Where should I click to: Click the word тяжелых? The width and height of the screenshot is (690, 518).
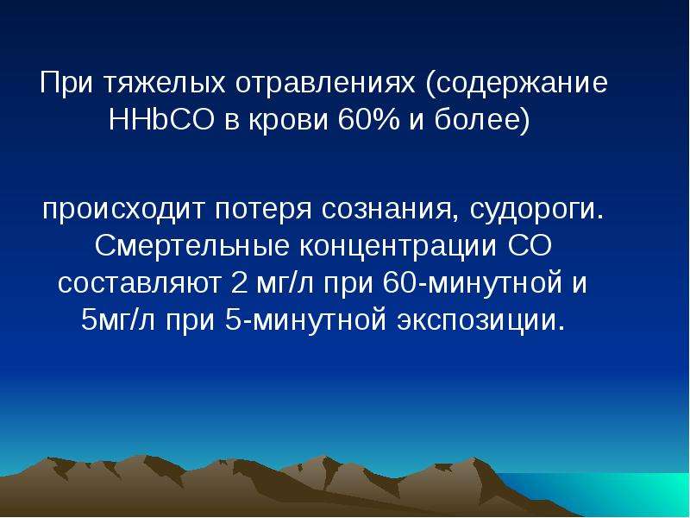pyautogui.click(x=165, y=82)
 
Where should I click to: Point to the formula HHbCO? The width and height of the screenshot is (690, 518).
pyautogui.click(x=161, y=119)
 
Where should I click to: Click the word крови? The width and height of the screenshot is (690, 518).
pyautogui.click(x=288, y=120)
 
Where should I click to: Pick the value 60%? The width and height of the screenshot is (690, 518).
pyautogui.click(x=369, y=119)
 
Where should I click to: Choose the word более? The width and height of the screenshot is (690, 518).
pyautogui.click(x=478, y=120)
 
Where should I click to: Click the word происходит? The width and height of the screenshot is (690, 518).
pyautogui.click(x=123, y=210)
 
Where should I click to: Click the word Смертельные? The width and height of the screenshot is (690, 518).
pyautogui.click(x=191, y=247)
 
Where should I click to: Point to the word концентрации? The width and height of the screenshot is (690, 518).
pyautogui.click(x=398, y=248)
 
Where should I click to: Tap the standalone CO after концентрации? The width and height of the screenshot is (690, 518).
pyautogui.click(x=529, y=246)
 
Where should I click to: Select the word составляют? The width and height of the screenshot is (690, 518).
pyautogui.click(x=139, y=284)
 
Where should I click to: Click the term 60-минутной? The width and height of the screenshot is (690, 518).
pyautogui.click(x=473, y=282)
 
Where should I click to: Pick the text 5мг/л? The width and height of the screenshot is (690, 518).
pyautogui.click(x=118, y=320)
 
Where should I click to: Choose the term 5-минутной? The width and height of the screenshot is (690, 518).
pyautogui.click(x=306, y=320)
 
